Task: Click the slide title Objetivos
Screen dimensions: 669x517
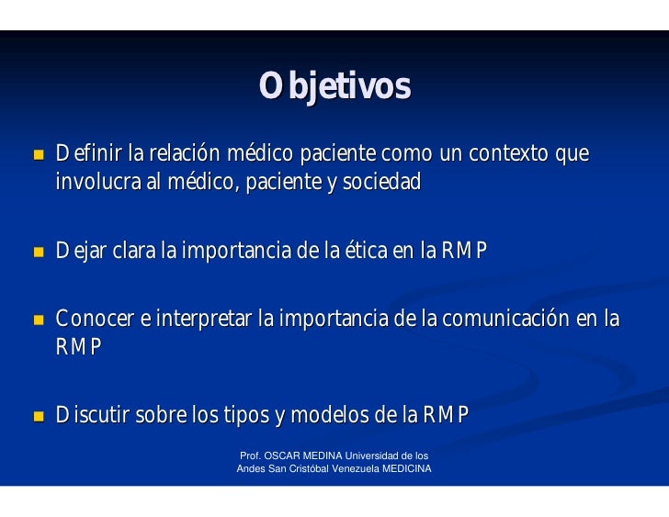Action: coord(334,86)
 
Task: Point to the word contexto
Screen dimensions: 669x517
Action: coord(508,153)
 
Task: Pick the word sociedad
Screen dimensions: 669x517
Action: coord(382,181)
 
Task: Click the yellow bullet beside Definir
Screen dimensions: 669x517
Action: coord(39,154)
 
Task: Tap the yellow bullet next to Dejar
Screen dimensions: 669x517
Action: coord(39,252)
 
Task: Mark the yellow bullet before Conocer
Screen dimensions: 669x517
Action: coord(39,320)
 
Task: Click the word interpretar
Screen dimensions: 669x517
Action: coord(203,319)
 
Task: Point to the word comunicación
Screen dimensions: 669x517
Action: coord(505,319)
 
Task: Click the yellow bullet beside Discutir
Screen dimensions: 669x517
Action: coord(39,416)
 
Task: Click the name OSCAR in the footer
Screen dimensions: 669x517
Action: coord(282,455)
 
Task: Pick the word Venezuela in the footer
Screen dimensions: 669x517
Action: coord(356,469)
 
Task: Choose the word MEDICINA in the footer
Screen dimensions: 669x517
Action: coord(406,469)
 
